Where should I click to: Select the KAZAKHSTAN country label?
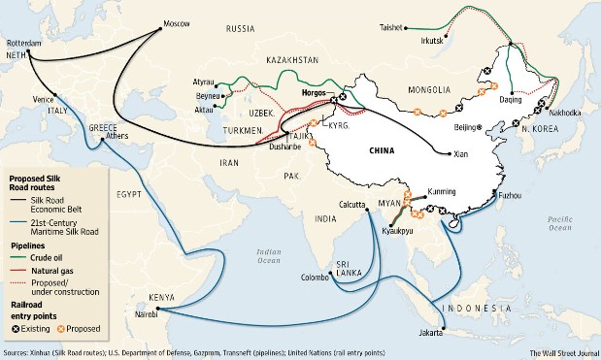[x=289, y=59]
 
